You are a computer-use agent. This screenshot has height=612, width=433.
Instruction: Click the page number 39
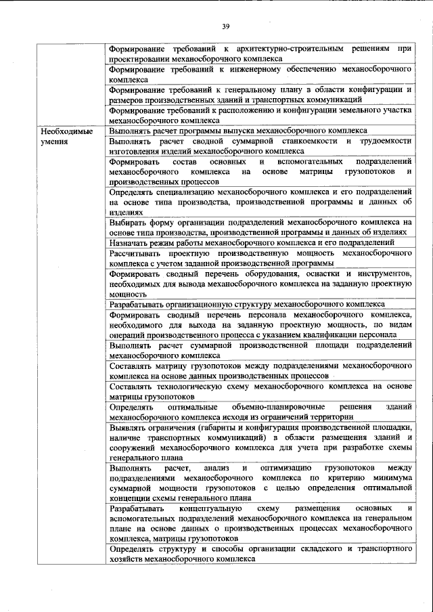225,26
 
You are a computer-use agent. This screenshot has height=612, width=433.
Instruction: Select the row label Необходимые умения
66,135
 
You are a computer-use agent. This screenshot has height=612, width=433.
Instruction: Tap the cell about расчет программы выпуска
238,130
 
